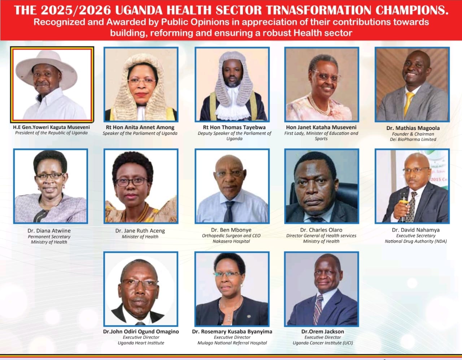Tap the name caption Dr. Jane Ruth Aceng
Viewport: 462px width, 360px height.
[x=140, y=231]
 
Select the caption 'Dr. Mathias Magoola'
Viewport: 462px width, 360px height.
[x=413, y=128]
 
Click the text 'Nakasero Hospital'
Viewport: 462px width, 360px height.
[x=231, y=241]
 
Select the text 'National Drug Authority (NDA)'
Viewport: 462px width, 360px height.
[x=415, y=241]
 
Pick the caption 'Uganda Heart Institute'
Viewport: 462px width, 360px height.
[x=141, y=343]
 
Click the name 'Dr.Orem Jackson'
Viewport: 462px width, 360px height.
[x=323, y=331]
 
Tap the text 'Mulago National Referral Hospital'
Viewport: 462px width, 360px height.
[x=232, y=343]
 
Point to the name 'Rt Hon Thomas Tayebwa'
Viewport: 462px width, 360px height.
[x=234, y=127]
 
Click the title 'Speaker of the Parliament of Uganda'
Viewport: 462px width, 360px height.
[x=140, y=133]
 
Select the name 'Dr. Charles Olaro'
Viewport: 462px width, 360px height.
[x=321, y=230]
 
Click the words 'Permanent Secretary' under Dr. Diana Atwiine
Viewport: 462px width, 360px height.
[x=49, y=237]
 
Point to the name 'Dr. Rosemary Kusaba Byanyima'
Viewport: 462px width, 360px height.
[x=232, y=331]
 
